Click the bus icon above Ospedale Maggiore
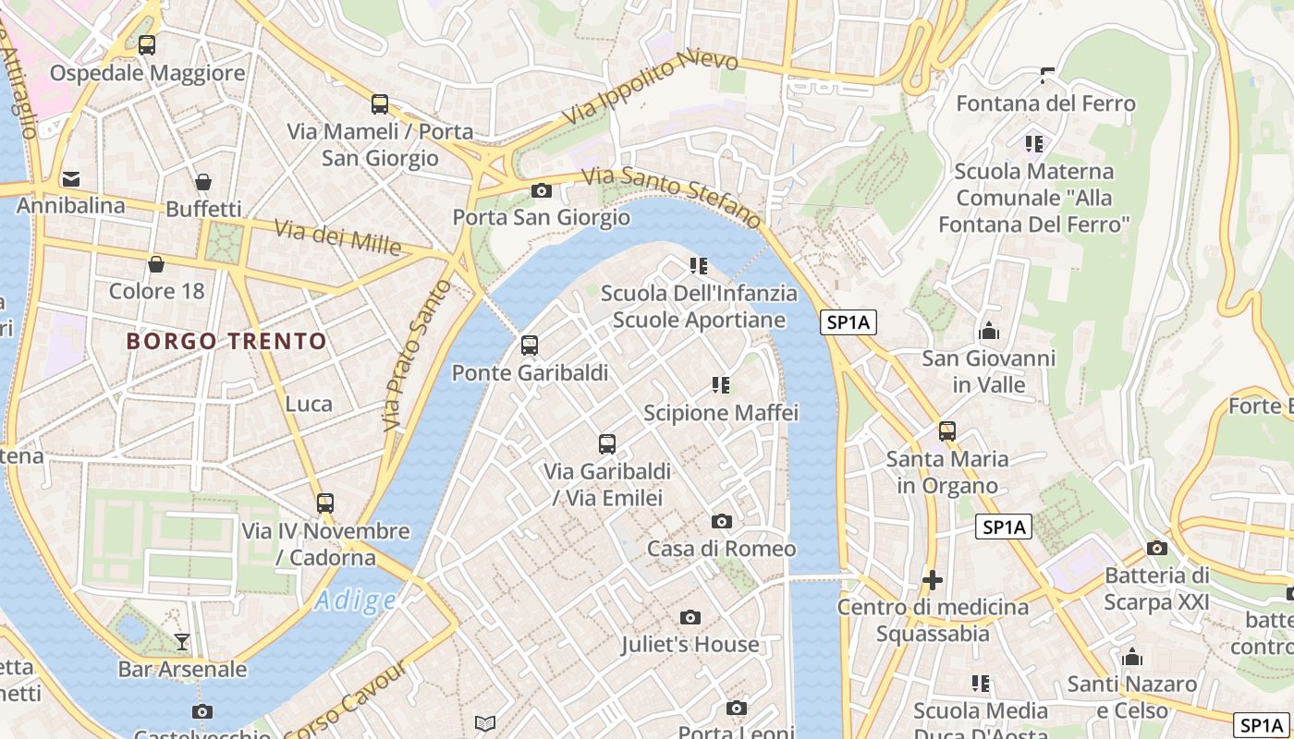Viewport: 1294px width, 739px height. (146, 44)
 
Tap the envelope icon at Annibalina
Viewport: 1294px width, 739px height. (71, 178)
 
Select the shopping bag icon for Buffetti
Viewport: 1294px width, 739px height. (203, 182)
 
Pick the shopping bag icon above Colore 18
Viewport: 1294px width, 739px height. (156, 264)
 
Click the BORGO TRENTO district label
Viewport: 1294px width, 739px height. (226, 341)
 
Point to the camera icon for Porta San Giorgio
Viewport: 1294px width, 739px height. (542, 191)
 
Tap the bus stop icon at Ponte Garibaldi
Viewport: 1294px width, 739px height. (530, 345)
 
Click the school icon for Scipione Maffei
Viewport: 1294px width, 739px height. (721, 384)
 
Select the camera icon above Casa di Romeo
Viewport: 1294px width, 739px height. (722, 521)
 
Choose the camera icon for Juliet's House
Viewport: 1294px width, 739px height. (690, 617)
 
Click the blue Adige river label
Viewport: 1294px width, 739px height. (356, 601)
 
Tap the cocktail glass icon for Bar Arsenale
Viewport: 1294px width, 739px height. (182, 641)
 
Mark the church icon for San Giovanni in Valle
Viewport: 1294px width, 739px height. (989, 331)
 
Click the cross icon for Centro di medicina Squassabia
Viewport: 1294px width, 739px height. (933, 580)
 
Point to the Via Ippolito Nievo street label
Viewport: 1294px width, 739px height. (652, 87)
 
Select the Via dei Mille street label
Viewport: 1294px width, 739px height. (337, 238)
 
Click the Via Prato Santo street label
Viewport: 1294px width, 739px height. (417, 356)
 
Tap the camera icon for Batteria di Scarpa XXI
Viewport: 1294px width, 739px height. (1156, 548)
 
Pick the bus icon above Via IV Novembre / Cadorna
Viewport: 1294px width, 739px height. (325, 503)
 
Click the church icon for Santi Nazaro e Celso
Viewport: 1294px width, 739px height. (1132, 657)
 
